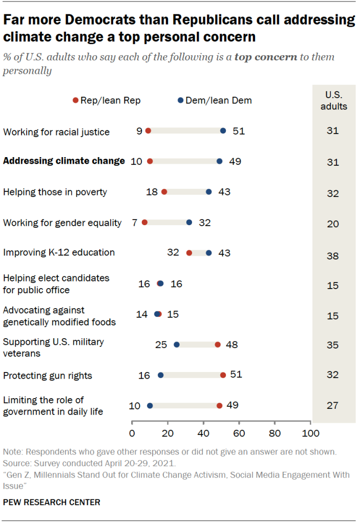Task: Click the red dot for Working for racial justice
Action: pyautogui.click(x=148, y=131)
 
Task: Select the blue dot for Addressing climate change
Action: pyautogui.click(x=220, y=161)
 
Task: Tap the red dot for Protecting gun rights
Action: pyautogui.click(x=223, y=375)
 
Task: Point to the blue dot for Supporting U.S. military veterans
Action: pyautogui.click(x=177, y=344)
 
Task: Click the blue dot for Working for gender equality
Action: pyautogui.click(x=189, y=222)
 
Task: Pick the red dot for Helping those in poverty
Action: pyautogui.click(x=164, y=192)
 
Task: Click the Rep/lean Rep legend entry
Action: pyautogui.click(x=107, y=101)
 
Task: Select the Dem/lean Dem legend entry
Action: pyautogui.click(x=215, y=101)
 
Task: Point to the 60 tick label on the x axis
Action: pyautogui.click(x=239, y=434)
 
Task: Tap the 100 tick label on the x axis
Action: pyautogui.click(x=310, y=434)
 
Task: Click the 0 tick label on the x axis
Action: pyautogui.click(x=132, y=434)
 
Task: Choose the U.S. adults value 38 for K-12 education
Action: pyautogui.click(x=333, y=255)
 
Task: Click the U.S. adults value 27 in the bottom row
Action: pyautogui.click(x=333, y=406)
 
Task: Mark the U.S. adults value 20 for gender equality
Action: pyautogui.click(x=333, y=223)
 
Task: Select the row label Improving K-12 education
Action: pyautogui.click(x=59, y=253)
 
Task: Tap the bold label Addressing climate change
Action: pyautogui.click(x=64, y=161)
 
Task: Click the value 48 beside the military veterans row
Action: pyautogui.click(x=231, y=345)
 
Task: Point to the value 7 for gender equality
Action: pyautogui.click(x=134, y=223)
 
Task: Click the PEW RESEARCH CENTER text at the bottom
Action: pyautogui.click(x=52, y=503)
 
